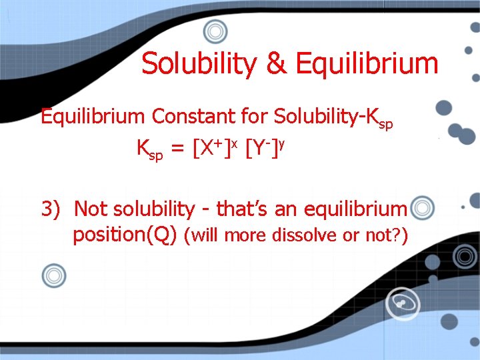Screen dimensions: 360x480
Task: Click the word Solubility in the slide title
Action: pos(200,65)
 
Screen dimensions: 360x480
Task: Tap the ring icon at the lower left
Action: pos(54,275)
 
